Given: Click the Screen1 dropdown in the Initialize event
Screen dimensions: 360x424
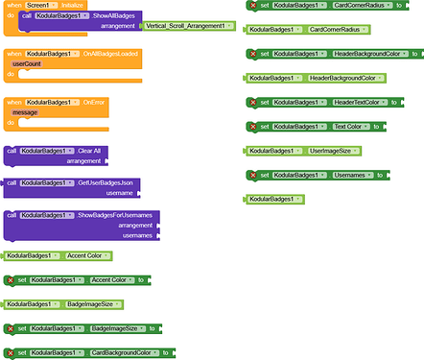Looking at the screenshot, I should [x=38, y=6].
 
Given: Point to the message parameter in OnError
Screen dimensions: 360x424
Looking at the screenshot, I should [x=26, y=112].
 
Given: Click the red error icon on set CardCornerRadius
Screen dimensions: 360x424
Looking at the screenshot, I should [x=252, y=6].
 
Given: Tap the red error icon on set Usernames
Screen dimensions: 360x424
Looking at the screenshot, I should [x=252, y=175].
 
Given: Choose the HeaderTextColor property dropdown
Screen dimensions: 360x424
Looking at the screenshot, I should [x=342, y=102].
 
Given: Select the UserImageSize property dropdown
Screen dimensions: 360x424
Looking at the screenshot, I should [x=336, y=151].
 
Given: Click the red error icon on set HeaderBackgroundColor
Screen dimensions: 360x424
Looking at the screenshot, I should [x=252, y=53].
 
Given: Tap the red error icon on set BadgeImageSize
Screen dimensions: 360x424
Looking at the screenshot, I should [x=10, y=328].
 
